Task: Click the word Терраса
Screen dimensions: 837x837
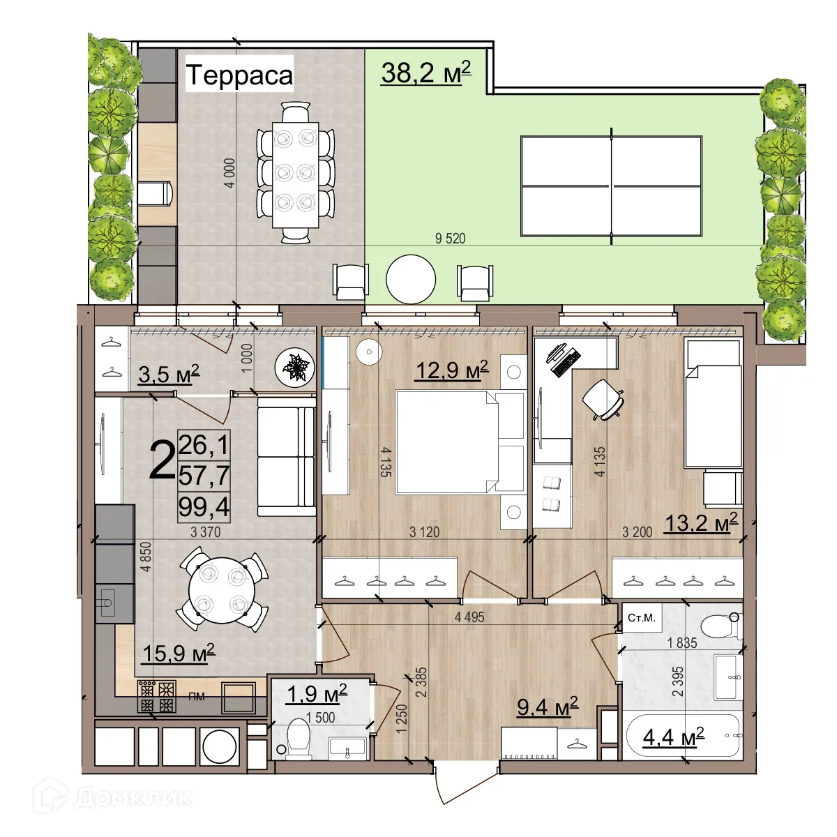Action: (x=240, y=75)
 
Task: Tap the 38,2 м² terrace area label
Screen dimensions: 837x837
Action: (x=426, y=73)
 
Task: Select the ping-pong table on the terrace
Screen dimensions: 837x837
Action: (x=611, y=186)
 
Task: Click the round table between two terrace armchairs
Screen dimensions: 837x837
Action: (x=410, y=279)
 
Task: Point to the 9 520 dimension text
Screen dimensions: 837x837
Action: (x=450, y=239)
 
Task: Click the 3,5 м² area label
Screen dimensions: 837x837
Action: (x=169, y=374)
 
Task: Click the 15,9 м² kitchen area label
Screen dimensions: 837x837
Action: (x=179, y=654)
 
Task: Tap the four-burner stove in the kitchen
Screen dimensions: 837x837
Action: (x=157, y=697)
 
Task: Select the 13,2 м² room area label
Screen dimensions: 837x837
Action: (x=701, y=522)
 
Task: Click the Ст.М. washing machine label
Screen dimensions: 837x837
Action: (x=642, y=618)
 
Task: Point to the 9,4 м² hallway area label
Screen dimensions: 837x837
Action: (x=548, y=707)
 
